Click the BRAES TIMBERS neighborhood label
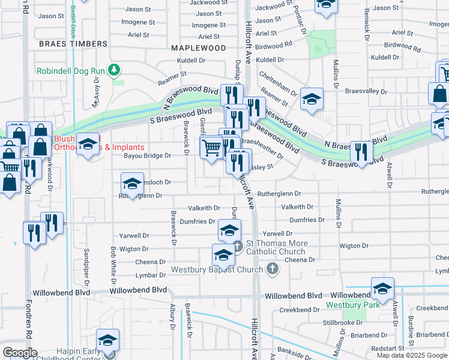pyautogui.click(x=73, y=44)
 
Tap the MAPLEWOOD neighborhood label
pyautogui.click(x=198, y=47)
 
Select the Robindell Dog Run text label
pyautogui.click(x=70, y=70)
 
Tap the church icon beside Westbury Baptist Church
pyautogui.click(x=273, y=269)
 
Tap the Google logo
pyautogui.click(x=20, y=353)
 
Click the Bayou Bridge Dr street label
pyautogui.click(x=147, y=155)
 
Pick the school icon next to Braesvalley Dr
pyautogui.click(x=312, y=99)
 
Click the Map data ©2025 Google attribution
pyautogui.click(x=412, y=355)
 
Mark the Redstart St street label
pyautogui.click(x=388, y=348)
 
